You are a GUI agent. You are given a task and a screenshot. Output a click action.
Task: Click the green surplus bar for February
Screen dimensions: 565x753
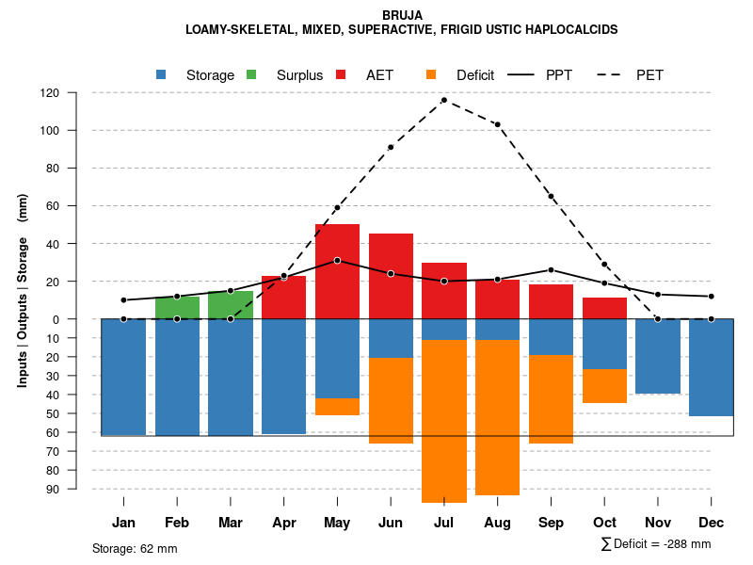coord(177,308)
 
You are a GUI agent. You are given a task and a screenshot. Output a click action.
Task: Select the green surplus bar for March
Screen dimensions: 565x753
coord(231,305)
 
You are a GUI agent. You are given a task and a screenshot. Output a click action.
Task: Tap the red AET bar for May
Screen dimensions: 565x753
coord(337,271)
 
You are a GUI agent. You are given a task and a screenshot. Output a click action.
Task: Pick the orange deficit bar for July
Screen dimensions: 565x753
coord(444,421)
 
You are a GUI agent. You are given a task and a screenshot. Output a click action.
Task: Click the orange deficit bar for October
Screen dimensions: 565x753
coord(604,386)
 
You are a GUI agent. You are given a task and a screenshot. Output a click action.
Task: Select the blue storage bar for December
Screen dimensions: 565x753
coord(711,367)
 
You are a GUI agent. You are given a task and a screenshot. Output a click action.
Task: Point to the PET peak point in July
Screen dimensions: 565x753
coord(443,100)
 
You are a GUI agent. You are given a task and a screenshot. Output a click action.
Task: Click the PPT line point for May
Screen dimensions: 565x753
coord(337,260)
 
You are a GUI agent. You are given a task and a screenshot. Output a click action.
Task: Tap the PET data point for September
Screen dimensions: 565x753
coord(551,196)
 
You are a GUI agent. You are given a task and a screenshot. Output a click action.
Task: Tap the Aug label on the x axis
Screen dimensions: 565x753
coord(497,523)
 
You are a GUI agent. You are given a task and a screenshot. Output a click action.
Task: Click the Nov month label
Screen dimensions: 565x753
coord(658,523)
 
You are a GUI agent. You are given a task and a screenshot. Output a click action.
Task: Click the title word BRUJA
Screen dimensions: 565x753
coord(403,15)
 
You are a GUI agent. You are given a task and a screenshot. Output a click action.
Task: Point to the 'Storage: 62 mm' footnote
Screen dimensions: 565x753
coord(135,548)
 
